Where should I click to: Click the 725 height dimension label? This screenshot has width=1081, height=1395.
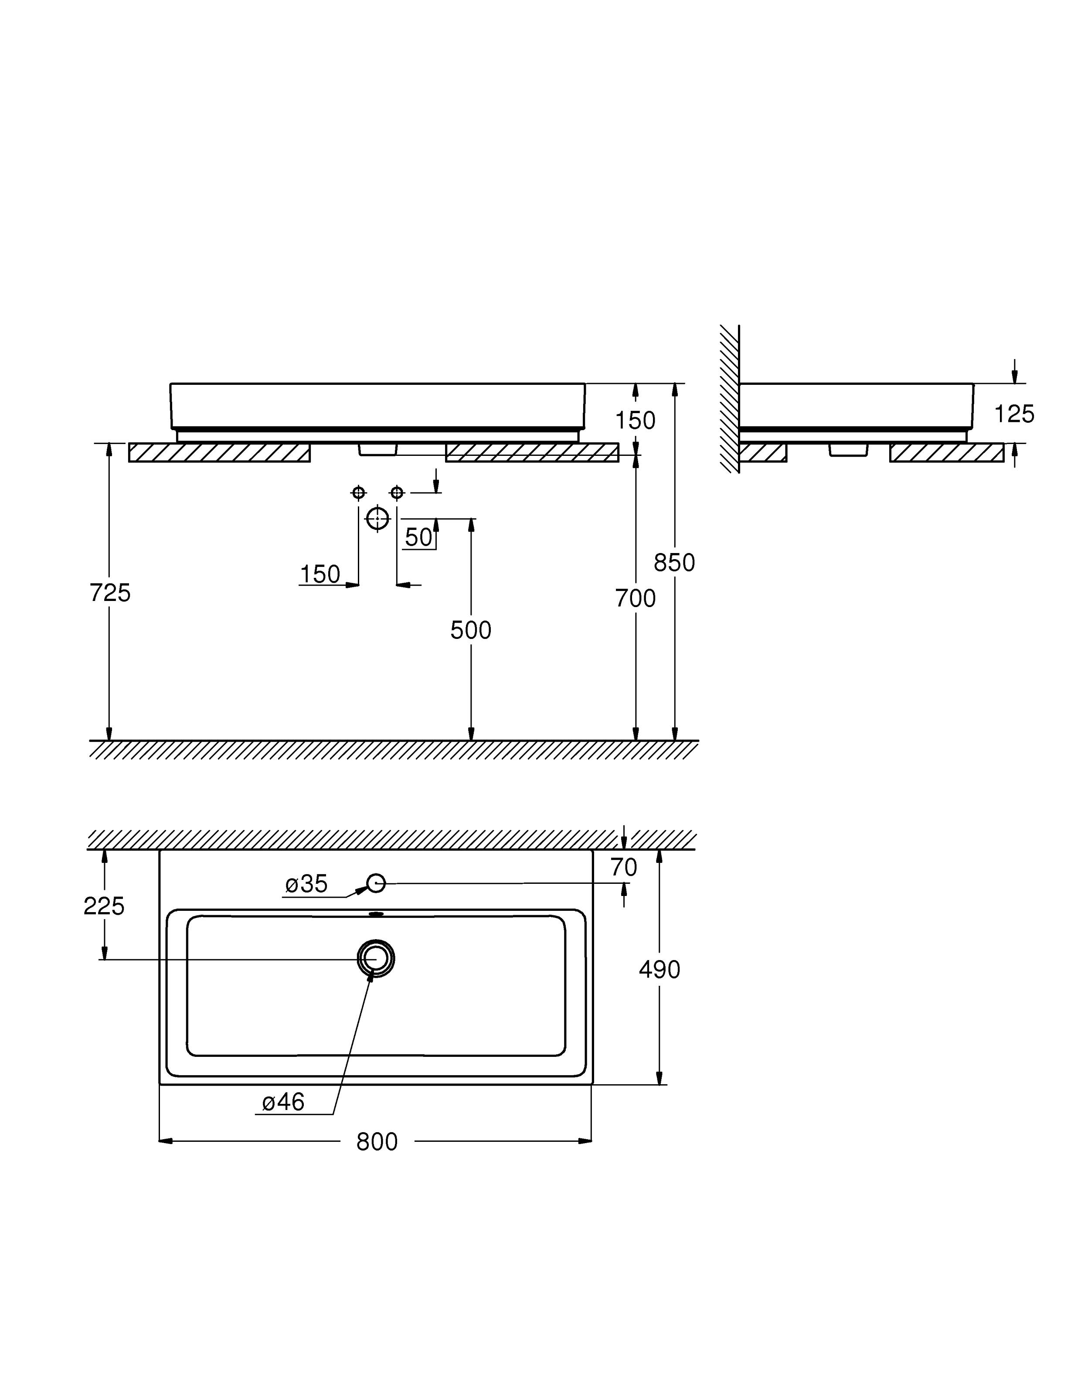pyautogui.click(x=110, y=594)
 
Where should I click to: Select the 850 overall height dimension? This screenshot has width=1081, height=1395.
pyautogui.click(x=674, y=563)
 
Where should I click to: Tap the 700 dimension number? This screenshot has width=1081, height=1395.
pyautogui.click(x=635, y=598)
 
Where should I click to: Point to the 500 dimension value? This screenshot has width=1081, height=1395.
pyautogui.click(x=471, y=631)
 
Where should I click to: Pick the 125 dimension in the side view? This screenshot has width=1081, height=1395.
pyautogui.click(x=1014, y=414)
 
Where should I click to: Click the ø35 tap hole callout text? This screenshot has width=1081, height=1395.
pyautogui.click(x=306, y=884)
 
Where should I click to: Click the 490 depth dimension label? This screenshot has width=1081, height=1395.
pyautogui.click(x=659, y=970)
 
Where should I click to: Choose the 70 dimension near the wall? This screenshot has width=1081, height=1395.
pyautogui.click(x=624, y=867)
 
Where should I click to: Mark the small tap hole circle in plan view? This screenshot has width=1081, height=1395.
pyautogui.click(x=376, y=883)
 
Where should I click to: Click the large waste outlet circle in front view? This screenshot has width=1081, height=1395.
pyautogui.click(x=377, y=518)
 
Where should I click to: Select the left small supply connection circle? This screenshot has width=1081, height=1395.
pyautogui.click(x=358, y=492)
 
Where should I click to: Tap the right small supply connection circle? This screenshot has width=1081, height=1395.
pyautogui.click(x=397, y=492)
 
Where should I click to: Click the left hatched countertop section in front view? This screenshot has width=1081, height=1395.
pyautogui.click(x=219, y=453)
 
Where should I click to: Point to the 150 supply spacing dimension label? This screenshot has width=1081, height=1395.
pyautogui.click(x=320, y=574)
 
